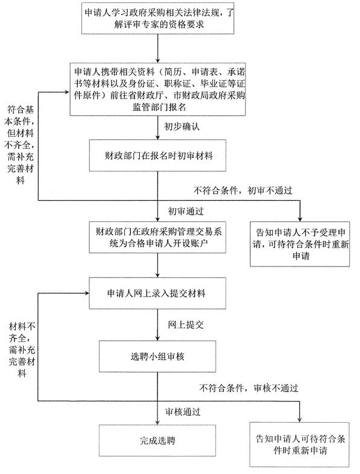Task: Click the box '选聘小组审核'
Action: point(157,356)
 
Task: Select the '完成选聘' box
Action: point(157,440)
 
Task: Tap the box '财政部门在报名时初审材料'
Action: point(157,156)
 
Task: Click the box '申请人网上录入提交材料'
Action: point(157,293)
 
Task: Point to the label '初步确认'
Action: point(182,127)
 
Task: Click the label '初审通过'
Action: point(186,211)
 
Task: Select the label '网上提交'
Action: point(186,324)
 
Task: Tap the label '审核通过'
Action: point(183,411)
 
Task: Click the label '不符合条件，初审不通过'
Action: point(243,191)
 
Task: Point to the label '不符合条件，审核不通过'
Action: point(248,388)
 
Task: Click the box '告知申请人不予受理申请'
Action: point(300,244)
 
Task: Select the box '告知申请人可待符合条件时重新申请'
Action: point(300,444)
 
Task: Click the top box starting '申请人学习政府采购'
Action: point(158,19)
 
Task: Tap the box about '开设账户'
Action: point(157,238)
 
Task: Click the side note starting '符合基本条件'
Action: point(20,145)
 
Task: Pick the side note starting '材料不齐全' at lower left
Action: point(22,349)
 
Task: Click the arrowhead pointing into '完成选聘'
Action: point(157,422)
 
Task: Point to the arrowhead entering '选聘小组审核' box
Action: point(157,338)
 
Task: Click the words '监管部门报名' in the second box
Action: point(159,107)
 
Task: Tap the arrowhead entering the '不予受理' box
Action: point(300,219)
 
